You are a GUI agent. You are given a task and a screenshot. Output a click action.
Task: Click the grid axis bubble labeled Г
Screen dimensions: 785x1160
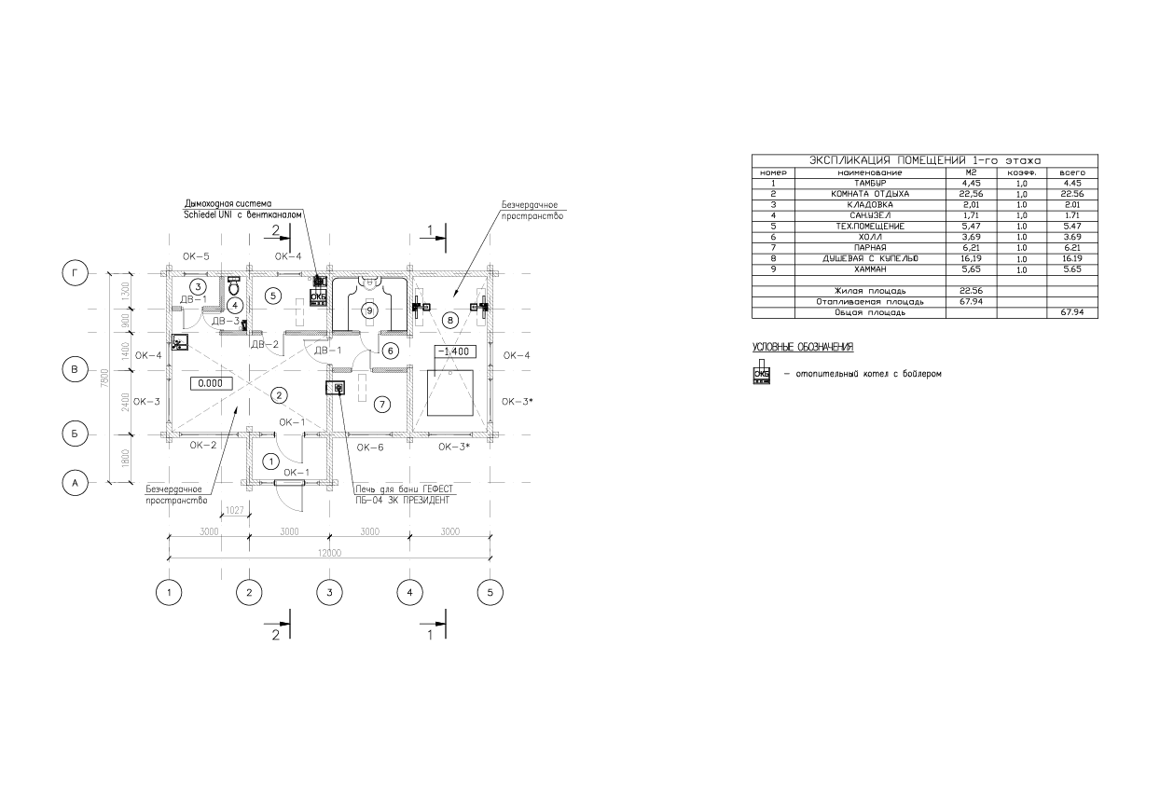[75, 273]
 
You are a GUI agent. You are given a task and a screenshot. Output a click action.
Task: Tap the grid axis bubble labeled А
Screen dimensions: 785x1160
[75, 482]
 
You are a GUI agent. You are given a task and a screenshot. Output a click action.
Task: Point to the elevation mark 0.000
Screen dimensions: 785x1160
[211, 382]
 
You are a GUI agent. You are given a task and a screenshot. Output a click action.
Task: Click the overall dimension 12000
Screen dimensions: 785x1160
[329, 552]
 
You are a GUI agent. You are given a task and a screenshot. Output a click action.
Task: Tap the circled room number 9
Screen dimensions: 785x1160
[369, 310]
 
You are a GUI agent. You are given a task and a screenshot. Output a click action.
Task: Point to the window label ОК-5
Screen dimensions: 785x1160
[196, 256]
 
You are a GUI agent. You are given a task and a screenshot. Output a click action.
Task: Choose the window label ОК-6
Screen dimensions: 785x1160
[370, 448]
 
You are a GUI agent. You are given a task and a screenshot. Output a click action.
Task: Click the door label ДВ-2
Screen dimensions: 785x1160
[265, 344]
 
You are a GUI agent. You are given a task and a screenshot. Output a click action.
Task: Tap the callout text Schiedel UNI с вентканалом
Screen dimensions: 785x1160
[242, 213]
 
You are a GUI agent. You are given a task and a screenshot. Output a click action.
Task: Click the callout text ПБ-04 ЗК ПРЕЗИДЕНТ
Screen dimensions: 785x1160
[402, 501]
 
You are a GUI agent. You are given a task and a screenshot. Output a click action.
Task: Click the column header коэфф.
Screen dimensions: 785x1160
[1021, 173]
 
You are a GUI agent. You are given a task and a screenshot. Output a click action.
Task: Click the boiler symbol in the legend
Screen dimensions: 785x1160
[763, 373]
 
